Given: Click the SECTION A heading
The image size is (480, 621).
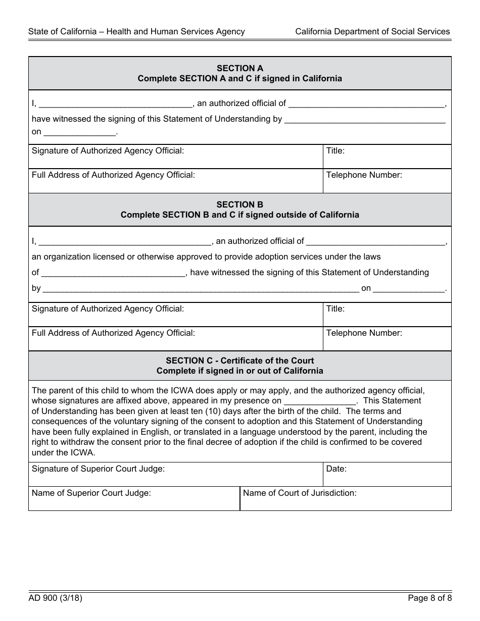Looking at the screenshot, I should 239,68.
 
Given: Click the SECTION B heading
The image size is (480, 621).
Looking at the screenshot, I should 239,204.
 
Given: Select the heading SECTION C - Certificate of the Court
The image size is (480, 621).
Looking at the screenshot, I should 239,360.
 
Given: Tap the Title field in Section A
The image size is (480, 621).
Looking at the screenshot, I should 387,157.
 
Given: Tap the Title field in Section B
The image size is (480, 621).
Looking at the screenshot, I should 387,315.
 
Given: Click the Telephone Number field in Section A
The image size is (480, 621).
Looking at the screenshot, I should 387,181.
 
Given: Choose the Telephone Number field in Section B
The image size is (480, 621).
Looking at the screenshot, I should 387,339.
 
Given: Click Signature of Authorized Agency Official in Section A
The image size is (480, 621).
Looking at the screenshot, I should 175,157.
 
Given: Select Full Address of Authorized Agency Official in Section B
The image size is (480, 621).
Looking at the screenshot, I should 175,339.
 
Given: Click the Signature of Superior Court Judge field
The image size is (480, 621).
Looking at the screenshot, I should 175,475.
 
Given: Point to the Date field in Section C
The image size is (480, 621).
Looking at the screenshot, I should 387,475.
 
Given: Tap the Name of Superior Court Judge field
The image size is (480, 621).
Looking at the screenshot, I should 134,499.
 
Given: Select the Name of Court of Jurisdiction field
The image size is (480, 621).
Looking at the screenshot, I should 345,499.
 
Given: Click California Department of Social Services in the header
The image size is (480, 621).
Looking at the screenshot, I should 372,31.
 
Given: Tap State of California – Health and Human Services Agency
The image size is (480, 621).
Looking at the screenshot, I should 136,31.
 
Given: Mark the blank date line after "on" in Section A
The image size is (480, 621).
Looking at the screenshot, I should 80,132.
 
